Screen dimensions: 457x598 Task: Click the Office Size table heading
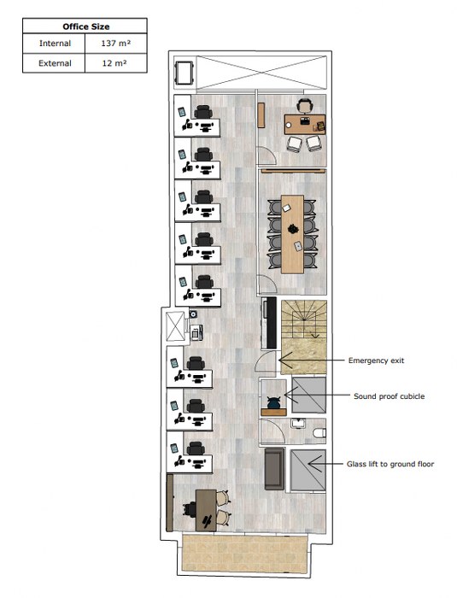(85, 26)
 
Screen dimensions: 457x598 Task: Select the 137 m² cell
(116, 43)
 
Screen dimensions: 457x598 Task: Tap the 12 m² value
(114, 63)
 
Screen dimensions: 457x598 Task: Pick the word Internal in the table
(55, 43)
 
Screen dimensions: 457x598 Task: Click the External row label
(55, 63)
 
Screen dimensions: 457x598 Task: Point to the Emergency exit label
(376, 361)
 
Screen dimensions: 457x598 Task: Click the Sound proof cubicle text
(390, 396)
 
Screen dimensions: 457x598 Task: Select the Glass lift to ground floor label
(390, 464)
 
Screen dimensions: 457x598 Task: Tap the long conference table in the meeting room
(293, 234)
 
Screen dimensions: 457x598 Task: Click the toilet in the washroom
(319, 433)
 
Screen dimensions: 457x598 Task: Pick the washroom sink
(298, 423)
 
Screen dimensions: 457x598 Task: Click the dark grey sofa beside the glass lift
(275, 469)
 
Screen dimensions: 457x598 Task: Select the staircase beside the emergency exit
(304, 337)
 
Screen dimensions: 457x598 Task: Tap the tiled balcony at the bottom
(245, 553)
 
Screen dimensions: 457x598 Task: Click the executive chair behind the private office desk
(304, 106)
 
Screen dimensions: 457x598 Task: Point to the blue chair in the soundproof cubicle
(274, 402)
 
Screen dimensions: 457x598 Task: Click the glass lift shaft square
(308, 471)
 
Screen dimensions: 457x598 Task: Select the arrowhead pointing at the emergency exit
(285, 360)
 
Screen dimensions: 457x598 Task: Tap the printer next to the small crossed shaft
(196, 332)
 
